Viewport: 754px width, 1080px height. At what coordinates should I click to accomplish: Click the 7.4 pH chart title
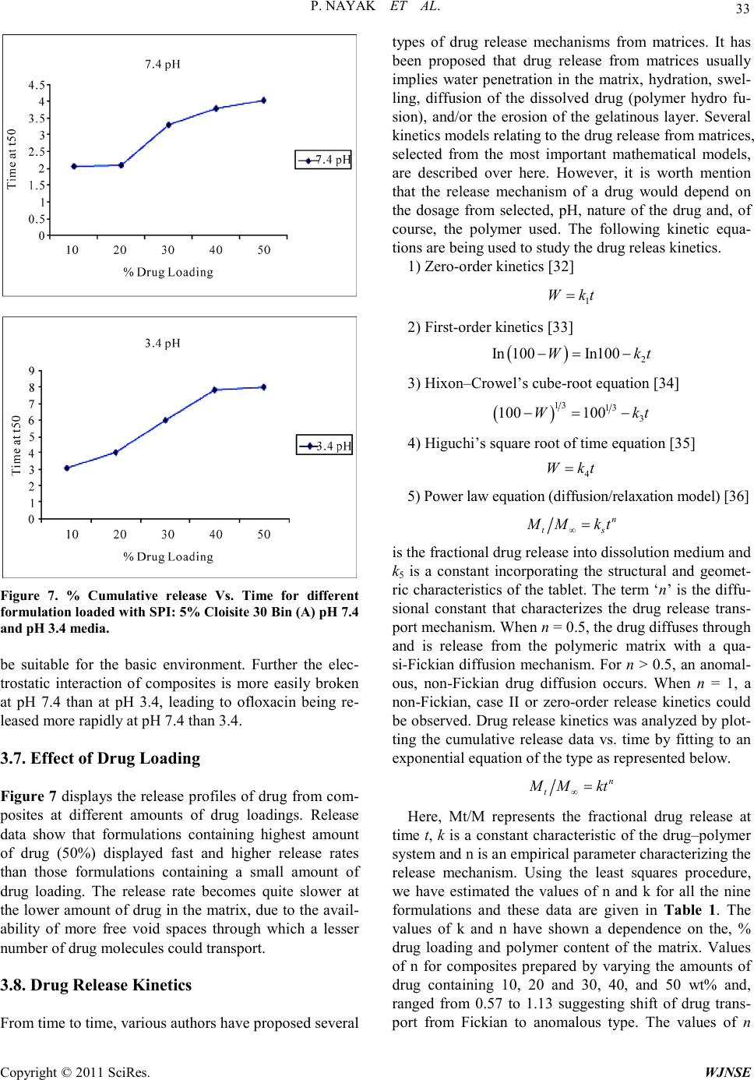point(163,64)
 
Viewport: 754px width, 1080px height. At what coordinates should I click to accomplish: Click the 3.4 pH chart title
point(163,343)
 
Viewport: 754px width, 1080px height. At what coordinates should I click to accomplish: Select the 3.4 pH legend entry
point(324,446)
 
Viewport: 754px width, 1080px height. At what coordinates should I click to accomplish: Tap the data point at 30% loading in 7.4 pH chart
point(168,125)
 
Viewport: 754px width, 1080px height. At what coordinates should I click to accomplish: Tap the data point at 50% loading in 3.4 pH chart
point(264,386)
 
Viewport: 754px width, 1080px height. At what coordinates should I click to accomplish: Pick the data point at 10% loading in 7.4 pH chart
point(73,166)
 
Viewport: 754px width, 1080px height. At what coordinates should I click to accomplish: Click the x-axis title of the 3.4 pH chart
point(168,556)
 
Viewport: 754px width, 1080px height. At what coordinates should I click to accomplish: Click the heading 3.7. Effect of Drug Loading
point(101,757)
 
